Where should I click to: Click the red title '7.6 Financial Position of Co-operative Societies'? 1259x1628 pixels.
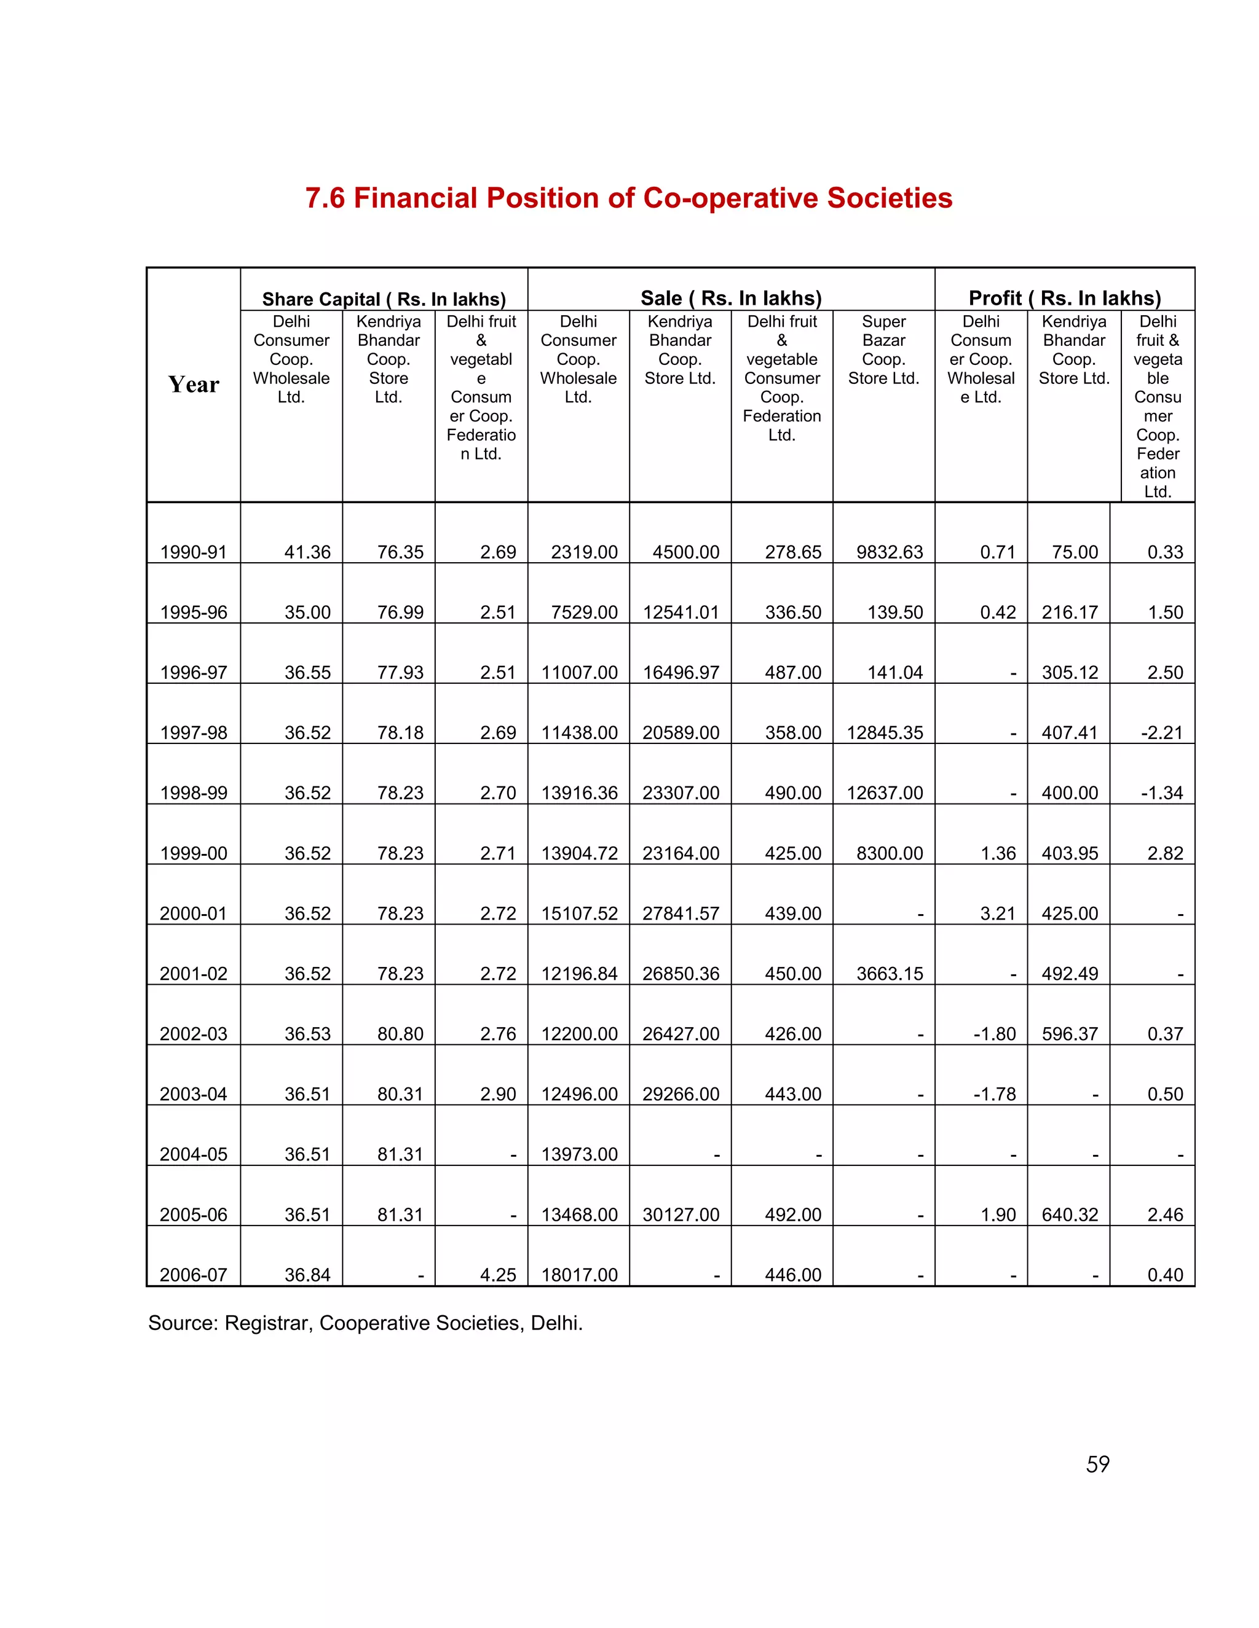click(x=629, y=198)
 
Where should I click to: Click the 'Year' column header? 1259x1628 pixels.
click(x=193, y=385)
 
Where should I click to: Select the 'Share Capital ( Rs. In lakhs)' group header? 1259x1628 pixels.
click(x=384, y=299)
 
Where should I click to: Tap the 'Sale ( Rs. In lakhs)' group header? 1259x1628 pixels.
click(x=731, y=298)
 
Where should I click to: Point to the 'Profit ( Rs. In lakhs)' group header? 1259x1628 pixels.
click(x=1064, y=298)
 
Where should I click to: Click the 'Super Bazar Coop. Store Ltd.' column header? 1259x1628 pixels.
click(x=883, y=350)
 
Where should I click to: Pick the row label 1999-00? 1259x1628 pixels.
click(x=193, y=853)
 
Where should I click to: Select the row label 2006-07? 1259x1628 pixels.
click(x=193, y=1275)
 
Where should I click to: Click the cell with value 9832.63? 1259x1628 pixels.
click(x=889, y=552)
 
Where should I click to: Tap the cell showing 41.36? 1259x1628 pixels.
click(x=307, y=552)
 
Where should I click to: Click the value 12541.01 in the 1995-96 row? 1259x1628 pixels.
click(x=681, y=612)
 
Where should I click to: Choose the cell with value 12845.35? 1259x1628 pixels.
click(x=885, y=733)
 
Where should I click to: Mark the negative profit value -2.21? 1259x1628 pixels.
click(x=1161, y=733)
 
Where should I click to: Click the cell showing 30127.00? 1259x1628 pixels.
click(x=681, y=1215)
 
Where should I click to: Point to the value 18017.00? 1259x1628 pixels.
click(x=580, y=1275)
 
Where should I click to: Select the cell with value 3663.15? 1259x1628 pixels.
click(x=889, y=974)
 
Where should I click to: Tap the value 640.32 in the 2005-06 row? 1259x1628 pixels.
click(x=1070, y=1215)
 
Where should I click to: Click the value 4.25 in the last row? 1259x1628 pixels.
click(x=497, y=1275)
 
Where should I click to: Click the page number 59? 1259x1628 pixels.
click(x=1097, y=1464)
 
